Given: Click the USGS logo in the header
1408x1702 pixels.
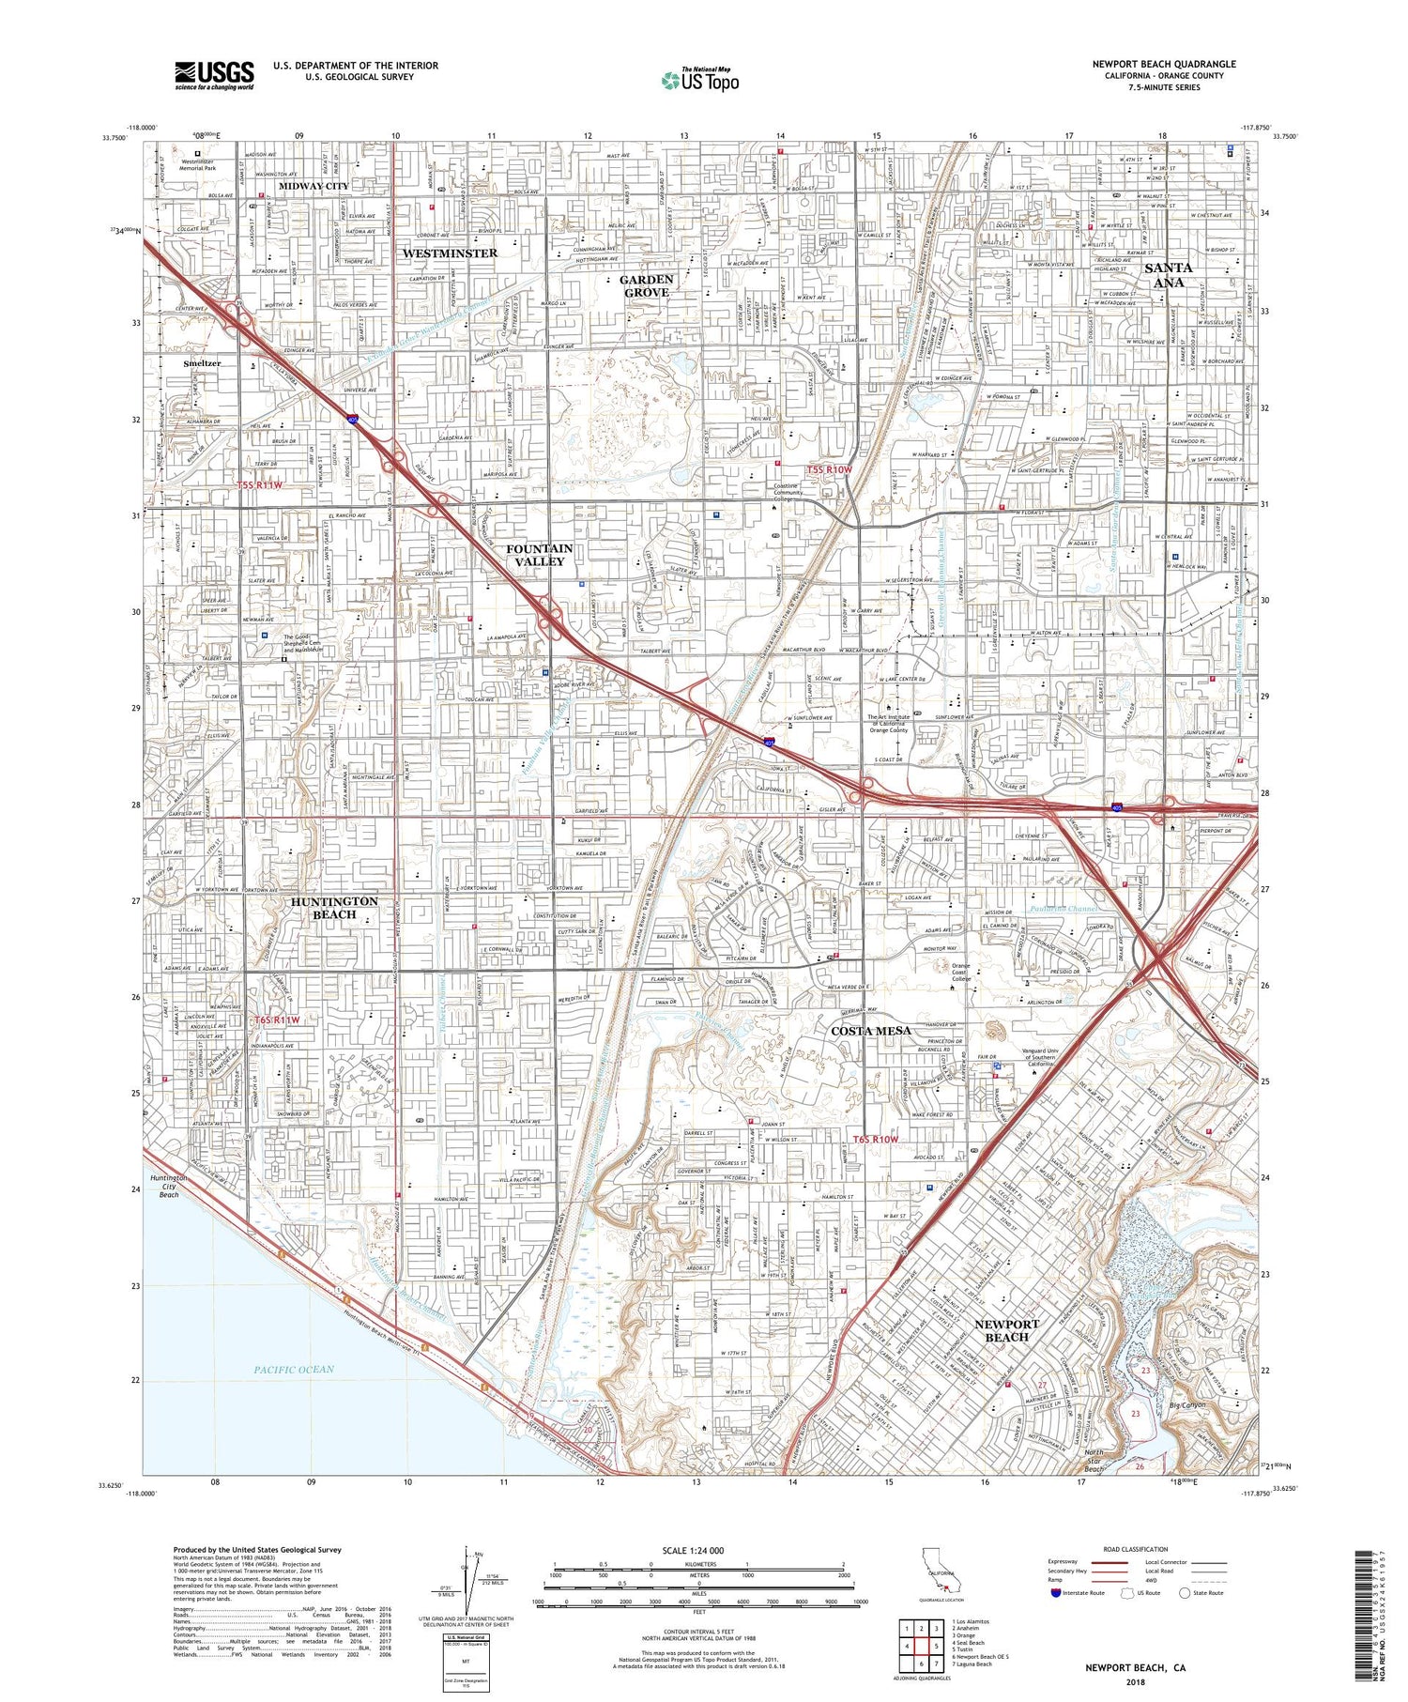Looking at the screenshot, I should pyautogui.click(x=214, y=75).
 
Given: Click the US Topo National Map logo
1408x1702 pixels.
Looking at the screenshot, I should pyautogui.click(x=699, y=80).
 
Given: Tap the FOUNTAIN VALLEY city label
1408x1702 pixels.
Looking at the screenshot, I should pyautogui.click(x=539, y=554).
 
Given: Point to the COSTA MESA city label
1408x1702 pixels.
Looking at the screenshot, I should pyautogui.click(x=871, y=1031).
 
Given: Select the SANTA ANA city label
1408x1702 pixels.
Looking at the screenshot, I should pyautogui.click(x=1168, y=275).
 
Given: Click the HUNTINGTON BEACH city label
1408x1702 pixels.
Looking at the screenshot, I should pyautogui.click(x=334, y=908).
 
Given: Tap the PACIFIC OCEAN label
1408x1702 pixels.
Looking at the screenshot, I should pyautogui.click(x=294, y=1370).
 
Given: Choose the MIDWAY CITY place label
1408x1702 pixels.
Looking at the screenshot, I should pyautogui.click(x=314, y=186).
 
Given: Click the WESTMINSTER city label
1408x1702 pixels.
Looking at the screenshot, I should pyautogui.click(x=450, y=253).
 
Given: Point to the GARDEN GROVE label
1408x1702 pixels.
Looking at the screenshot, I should pyautogui.click(x=647, y=285).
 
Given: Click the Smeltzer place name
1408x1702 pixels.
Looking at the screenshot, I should pyautogui.click(x=202, y=362).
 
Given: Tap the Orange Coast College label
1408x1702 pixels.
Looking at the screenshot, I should pyautogui.click(x=961, y=972).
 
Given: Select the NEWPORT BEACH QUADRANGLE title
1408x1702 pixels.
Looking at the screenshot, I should pyautogui.click(x=1163, y=64).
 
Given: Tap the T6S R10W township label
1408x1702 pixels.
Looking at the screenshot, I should pyautogui.click(x=876, y=1139).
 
